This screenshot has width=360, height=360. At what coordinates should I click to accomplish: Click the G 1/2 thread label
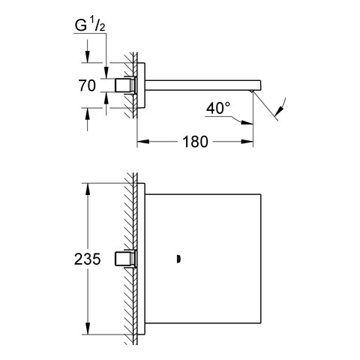(x=90, y=25)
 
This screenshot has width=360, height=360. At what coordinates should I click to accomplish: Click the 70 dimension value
(x=87, y=85)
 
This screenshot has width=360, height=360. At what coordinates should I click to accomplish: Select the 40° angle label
(x=218, y=108)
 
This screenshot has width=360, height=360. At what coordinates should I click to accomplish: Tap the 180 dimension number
(x=195, y=142)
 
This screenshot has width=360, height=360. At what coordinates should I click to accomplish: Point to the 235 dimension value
(x=87, y=259)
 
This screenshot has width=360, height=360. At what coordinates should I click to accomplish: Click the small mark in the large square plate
(x=178, y=259)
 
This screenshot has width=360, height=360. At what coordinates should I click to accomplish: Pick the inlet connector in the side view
(x=125, y=85)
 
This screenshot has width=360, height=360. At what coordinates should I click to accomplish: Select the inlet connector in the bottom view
(x=125, y=259)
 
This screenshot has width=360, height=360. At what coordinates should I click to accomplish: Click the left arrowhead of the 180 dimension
(x=143, y=142)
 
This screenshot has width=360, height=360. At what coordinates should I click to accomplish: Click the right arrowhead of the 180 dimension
(x=247, y=142)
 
